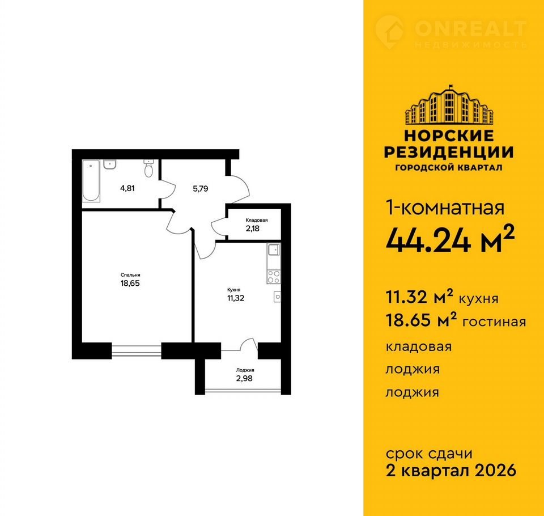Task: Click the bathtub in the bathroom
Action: click(91, 180)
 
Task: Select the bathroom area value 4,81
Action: click(127, 189)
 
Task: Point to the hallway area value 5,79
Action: click(201, 189)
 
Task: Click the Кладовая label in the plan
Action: click(256, 220)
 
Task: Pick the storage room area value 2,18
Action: click(253, 229)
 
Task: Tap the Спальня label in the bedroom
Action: click(130, 275)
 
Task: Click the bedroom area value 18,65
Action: click(130, 284)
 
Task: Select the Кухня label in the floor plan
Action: click(234, 290)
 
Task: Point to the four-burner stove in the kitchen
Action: click(273, 277)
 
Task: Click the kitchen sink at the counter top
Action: click(274, 249)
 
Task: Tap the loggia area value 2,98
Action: click(245, 378)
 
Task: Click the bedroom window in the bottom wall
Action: click(137, 351)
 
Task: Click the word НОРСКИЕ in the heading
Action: click(449, 136)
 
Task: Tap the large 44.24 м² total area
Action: click(450, 239)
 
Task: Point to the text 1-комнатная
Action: click(445, 208)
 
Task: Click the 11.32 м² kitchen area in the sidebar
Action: click(420, 297)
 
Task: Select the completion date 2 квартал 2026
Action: click(451, 471)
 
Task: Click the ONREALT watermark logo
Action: click(451, 33)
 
